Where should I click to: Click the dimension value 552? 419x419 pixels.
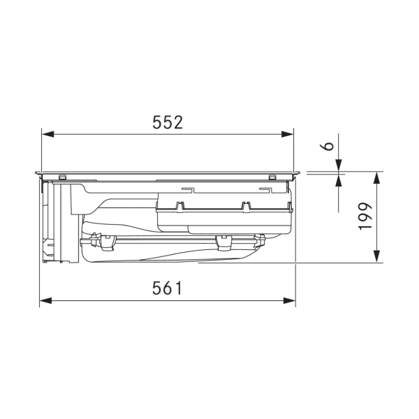click(168, 122)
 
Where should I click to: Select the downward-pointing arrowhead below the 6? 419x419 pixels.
click(339, 166)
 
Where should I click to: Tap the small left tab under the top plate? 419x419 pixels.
click(63, 175)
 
